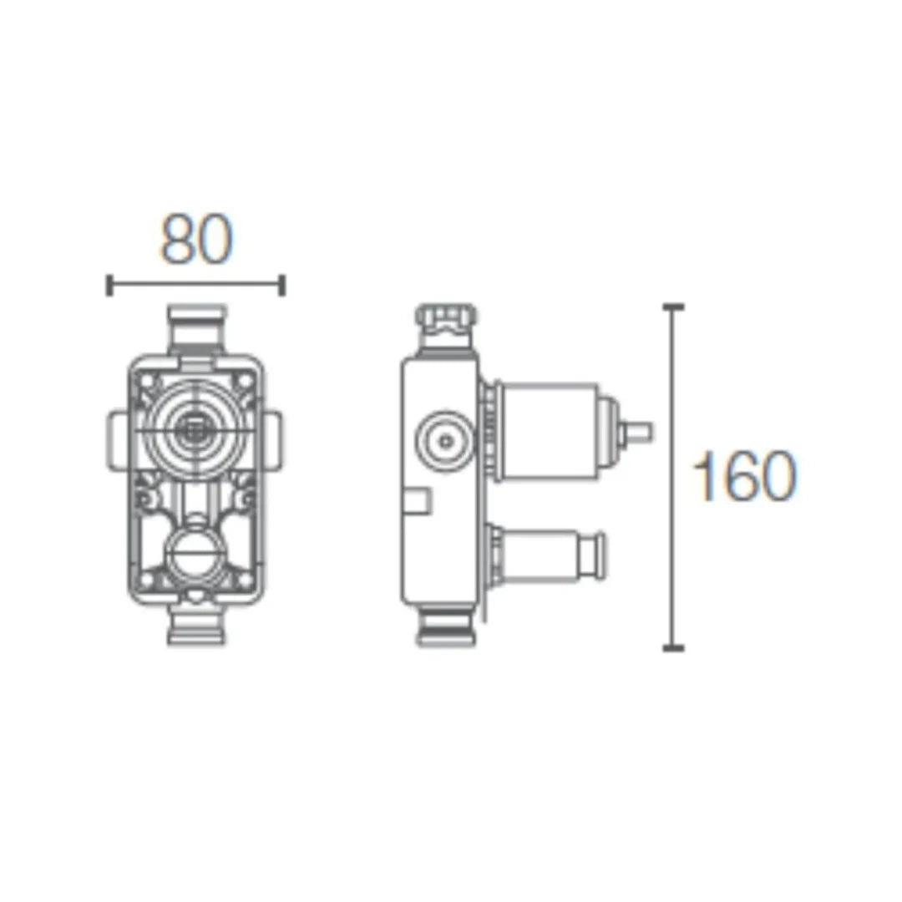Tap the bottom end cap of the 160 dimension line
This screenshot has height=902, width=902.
(x=673, y=647)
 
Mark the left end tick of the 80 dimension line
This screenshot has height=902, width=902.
(x=109, y=285)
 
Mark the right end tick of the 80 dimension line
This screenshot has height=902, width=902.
(x=282, y=285)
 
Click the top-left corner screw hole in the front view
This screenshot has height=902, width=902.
(x=147, y=380)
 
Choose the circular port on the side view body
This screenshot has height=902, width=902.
(x=439, y=437)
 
